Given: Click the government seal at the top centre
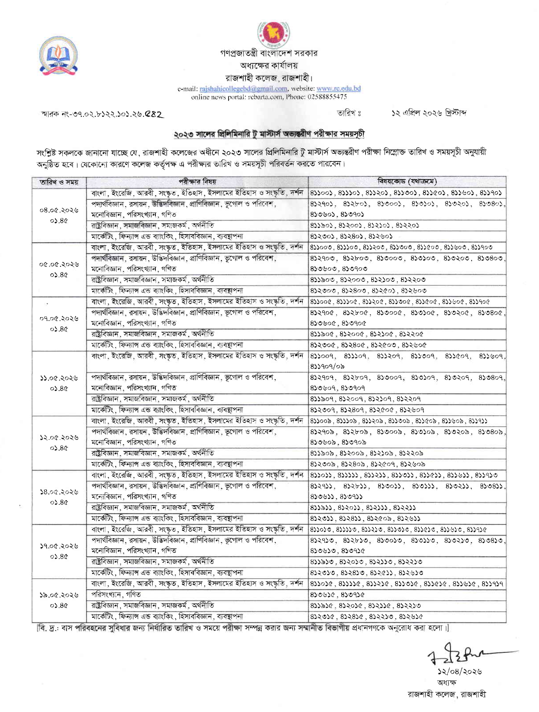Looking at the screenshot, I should click(x=274, y=34).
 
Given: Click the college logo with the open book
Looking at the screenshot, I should click(x=58, y=56).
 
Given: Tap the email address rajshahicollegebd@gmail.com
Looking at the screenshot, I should click(x=243, y=89).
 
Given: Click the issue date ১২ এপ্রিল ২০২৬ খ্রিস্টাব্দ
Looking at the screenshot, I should click(x=429, y=113).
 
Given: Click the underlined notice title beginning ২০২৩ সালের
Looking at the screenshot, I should click(x=269, y=134).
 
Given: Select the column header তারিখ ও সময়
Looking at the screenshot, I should click(x=59, y=182).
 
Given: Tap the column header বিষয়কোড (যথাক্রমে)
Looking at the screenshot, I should click(x=407, y=181).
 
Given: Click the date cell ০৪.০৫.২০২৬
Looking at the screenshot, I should click(x=59, y=210).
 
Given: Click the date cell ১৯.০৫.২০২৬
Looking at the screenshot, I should click(x=59, y=595).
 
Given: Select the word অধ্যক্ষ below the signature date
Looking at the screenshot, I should click(x=446, y=682).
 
